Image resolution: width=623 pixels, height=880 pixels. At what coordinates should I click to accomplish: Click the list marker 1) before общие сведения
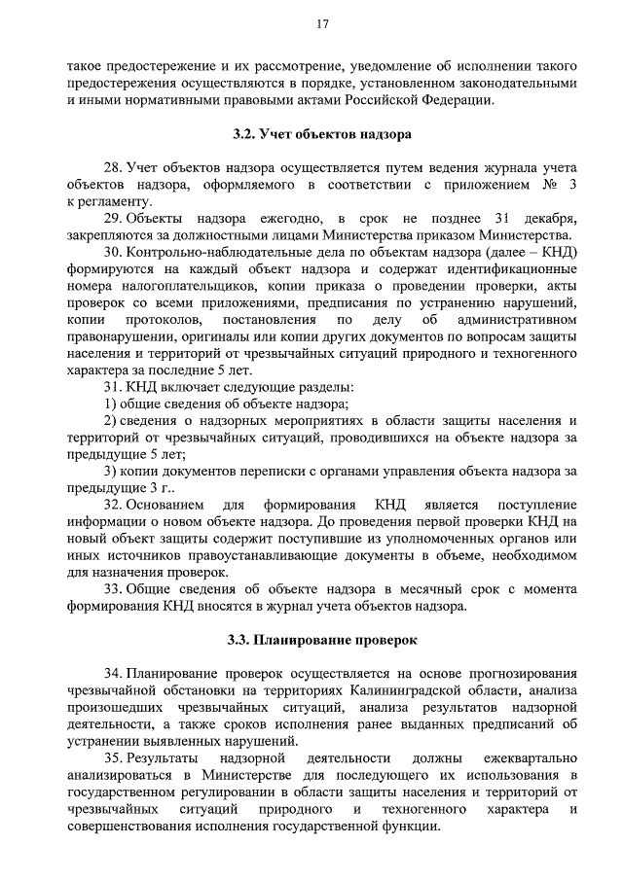pyautogui.click(x=110, y=404)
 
